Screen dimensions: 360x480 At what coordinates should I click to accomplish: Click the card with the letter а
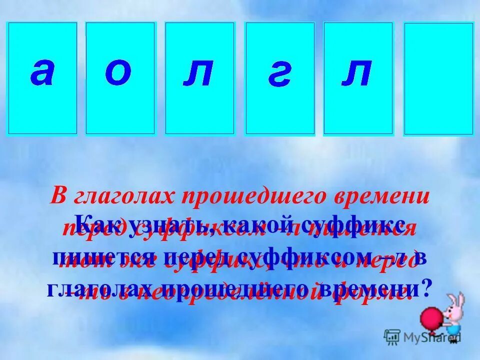click(42, 78)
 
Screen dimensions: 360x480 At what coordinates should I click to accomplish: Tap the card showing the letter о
click(120, 78)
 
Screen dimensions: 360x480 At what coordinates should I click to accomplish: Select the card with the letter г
click(279, 78)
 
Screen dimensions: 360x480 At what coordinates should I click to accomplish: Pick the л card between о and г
click(199, 78)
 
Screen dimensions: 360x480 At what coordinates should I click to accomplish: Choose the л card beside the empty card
click(358, 78)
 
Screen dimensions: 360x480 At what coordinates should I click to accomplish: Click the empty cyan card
click(438, 79)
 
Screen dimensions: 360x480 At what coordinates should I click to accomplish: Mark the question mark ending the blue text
click(426, 288)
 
